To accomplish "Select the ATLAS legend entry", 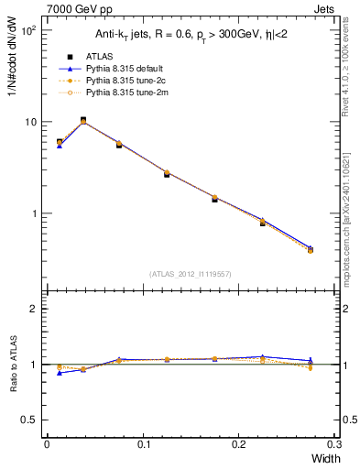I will tap(97, 56).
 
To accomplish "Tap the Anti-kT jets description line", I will tap(190, 36).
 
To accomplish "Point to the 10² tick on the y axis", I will tap(27, 30).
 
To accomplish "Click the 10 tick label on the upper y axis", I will tap(30, 122).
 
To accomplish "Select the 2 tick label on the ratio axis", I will tap(33, 309).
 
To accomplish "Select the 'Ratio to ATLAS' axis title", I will tap(12, 365).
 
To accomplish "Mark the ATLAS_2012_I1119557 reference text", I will tap(191, 274).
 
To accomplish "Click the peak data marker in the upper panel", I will tap(83, 120).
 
